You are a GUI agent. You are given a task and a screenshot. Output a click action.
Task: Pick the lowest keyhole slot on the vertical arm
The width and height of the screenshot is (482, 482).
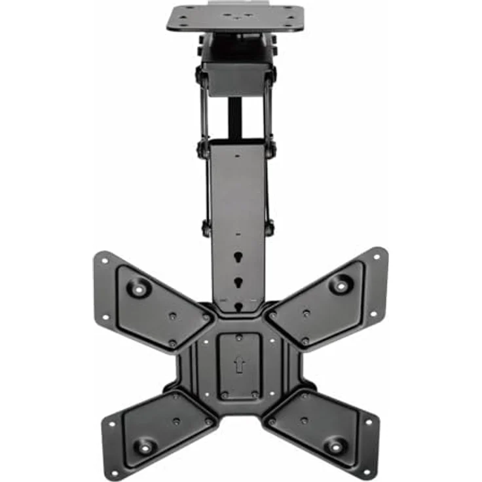(238, 305)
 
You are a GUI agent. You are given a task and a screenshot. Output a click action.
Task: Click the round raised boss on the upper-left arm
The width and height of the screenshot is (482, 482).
(138, 286)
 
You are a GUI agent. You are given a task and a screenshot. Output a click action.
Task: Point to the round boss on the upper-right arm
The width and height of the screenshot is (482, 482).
(341, 284)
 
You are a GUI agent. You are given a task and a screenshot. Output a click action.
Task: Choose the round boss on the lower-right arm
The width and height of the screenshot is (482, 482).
(335, 445)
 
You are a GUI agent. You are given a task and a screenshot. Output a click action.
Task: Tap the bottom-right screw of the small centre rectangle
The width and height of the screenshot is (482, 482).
(254, 394)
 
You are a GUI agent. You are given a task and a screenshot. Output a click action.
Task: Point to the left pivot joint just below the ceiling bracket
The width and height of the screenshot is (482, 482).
(199, 75)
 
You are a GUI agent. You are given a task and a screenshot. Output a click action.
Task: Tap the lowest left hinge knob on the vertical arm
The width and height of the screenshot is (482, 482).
(206, 229)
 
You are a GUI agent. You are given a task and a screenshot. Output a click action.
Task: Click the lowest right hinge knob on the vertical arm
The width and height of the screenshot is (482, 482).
(269, 228)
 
